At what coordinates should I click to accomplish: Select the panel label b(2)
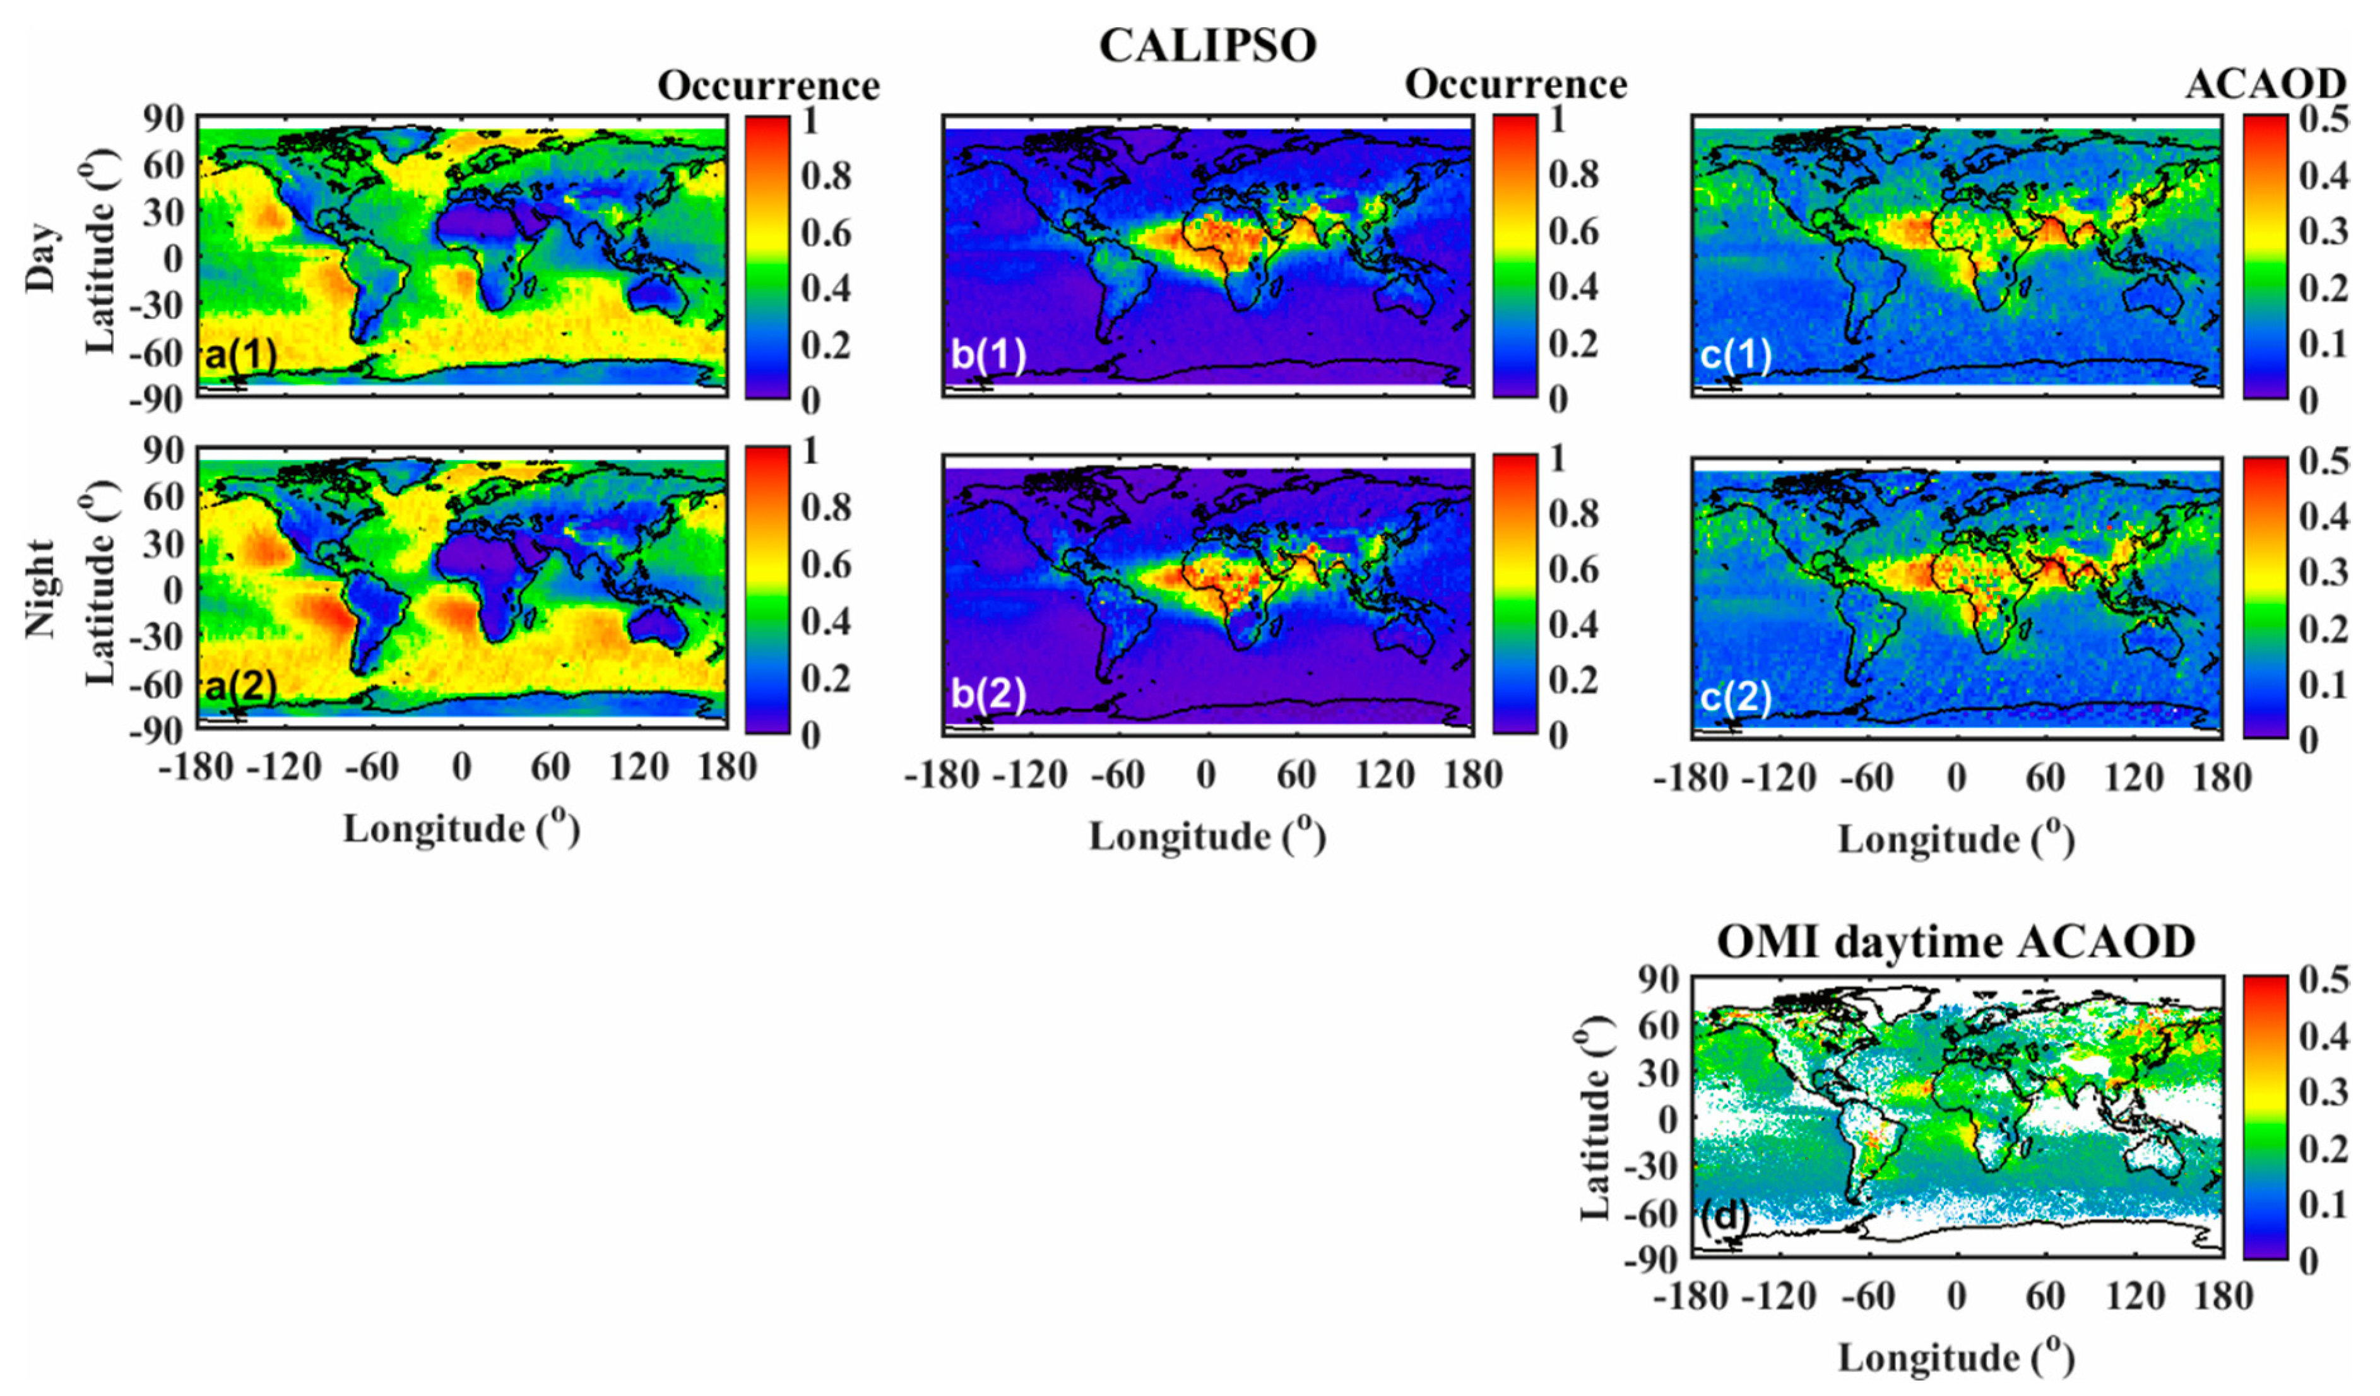[x=988, y=694]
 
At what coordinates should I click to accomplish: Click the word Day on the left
[x=42, y=257]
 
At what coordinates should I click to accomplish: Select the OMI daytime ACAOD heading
[x=1955, y=942]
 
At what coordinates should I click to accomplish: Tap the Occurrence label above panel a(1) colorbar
[x=769, y=86]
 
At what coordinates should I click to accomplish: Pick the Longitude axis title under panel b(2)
[x=1207, y=837]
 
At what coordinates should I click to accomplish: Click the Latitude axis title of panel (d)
[x=1595, y=1118]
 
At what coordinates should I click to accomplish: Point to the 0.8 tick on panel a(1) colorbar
[x=826, y=175]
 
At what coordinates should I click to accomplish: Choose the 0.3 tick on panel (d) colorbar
[x=2323, y=1092]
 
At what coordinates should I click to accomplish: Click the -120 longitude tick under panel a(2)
[x=284, y=767]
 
